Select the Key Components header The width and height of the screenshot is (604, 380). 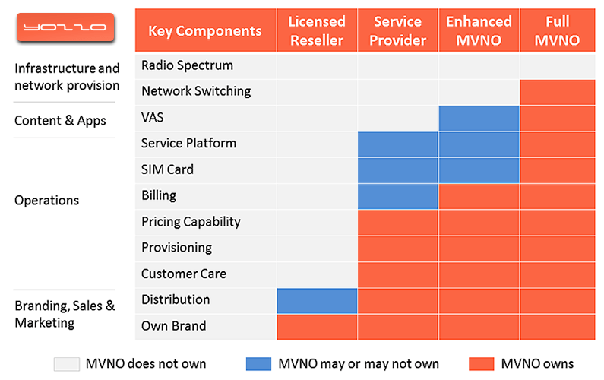pyautogui.click(x=204, y=31)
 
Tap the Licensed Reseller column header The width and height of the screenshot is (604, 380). pyautogui.click(x=317, y=30)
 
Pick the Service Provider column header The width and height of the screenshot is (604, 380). pyautogui.click(x=397, y=30)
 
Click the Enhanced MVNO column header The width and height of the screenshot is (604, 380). pyautogui.click(x=479, y=30)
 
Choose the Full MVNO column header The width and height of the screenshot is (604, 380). pyautogui.click(x=557, y=30)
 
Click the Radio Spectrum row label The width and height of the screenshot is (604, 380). pyautogui.click(x=187, y=65)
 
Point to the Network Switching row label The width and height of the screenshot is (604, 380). pyautogui.click(x=196, y=91)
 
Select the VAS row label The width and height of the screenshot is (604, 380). pyautogui.click(x=153, y=118)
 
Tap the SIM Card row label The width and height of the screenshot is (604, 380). pyautogui.click(x=167, y=169)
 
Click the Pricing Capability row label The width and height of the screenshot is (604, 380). pyautogui.click(x=191, y=222)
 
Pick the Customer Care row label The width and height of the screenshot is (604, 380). pyautogui.click(x=184, y=274)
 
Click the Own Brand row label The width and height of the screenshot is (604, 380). pyautogui.click(x=174, y=326)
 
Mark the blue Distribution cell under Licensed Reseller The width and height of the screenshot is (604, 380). pyautogui.click(x=317, y=300)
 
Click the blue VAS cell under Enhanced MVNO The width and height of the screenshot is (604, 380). pyautogui.click(x=479, y=118)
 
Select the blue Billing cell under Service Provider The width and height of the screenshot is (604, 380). pyautogui.click(x=397, y=196)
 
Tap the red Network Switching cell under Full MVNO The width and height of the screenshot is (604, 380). pyautogui.click(x=557, y=92)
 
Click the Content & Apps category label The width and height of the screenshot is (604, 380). pyautogui.click(x=60, y=120)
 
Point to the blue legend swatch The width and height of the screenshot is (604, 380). pyautogui.click(x=259, y=364)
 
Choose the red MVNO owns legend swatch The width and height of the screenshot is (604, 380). pyautogui.click(x=482, y=364)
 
